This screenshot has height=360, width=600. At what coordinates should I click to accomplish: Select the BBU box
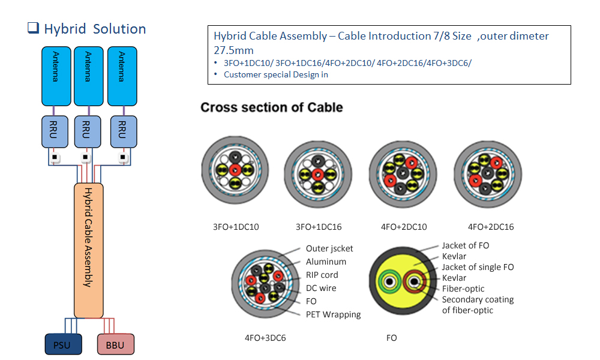(x=115, y=345)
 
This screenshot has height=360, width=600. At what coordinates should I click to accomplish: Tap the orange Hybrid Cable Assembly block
(x=88, y=250)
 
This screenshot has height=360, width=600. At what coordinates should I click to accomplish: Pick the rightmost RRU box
(x=122, y=131)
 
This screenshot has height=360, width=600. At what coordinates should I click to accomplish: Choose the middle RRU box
(x=86, y=131)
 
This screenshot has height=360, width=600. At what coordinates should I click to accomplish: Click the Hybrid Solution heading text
(x=95, y=29)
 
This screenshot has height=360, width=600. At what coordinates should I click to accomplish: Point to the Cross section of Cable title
(x=271, y=108)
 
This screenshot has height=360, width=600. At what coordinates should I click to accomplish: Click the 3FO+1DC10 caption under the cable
(x=236, y=227)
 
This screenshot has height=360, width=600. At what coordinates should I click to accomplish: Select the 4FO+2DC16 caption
(x=491, y=227)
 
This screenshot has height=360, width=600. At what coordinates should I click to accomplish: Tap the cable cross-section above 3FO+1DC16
(x=317, y=173)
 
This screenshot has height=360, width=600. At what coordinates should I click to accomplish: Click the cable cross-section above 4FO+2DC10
(x=401, y=172)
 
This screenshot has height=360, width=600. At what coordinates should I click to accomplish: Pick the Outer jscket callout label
(x=329, y=248)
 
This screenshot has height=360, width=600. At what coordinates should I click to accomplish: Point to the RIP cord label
(x=322, y=275)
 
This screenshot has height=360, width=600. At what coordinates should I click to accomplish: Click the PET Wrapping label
(x=333, y=314)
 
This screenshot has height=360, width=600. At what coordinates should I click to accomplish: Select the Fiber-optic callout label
(x=463, y=289)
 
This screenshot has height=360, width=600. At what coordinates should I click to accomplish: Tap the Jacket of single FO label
(x=478, y=267)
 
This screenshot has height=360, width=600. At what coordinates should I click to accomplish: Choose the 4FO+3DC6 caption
(x=265, y=338)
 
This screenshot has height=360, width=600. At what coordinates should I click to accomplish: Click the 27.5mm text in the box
(x=233, y=50)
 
